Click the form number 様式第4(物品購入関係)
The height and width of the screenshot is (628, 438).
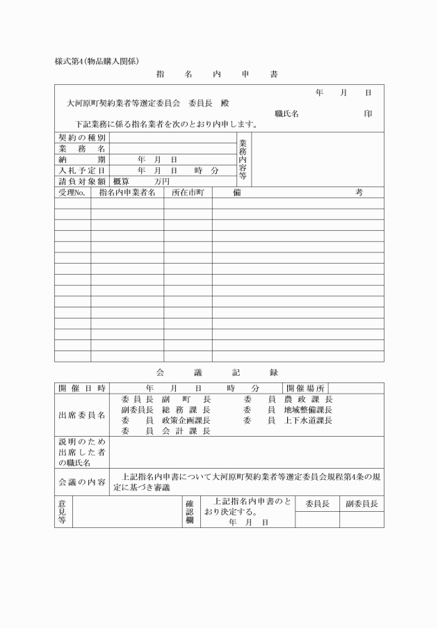pyautogui.click(x=102, y=61)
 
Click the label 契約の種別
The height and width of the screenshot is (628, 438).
pyautogui.click(x=82, y=138)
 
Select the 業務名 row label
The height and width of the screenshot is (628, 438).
pyautogui.click(x=82, y=149)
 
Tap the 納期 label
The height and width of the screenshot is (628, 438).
pyautogui.click(x=82, y=159)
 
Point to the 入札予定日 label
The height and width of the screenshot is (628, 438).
pyautogui.click(x=82, y=170)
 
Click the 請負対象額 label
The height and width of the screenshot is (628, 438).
pyautogui.click(x=82, y=181)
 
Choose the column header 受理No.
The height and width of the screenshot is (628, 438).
pyautogui.click(x=72, y=192)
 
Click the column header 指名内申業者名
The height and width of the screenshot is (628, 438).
pyautogui.click(x=127, y=192)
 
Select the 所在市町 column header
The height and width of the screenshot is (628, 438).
pyautogui.click(x=188, y=192)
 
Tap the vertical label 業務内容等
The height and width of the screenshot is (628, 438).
pyautogui.click(x=243, y=159)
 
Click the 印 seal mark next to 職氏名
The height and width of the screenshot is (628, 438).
pyautogui.click(x=368, y=113)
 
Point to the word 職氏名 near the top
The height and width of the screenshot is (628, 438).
pyautogui.click(x=286, y=113)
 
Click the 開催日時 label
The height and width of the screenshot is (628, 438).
pyautogui.click(x=82, y=387)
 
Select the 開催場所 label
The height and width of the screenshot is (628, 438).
pyautogui.click(x=305, y=387)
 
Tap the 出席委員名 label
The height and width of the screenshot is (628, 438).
pyautogui.click(x=82, y=415)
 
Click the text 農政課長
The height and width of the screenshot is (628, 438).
pyautogui.click(x=309, y=399)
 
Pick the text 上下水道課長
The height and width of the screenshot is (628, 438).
pyautogui.click(x=309, y=420)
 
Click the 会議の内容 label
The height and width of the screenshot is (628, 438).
pyautogui.click(x=82, y=482)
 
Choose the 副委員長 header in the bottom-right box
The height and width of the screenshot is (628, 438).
pyautogui.click(x=362, y=504)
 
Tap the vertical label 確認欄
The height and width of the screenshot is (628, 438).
pyautogui.click(x=188, y=511)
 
